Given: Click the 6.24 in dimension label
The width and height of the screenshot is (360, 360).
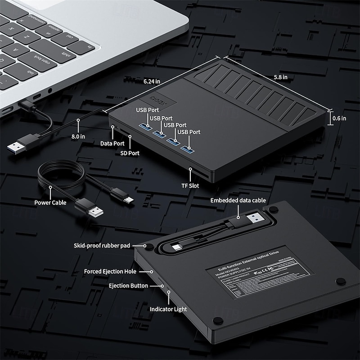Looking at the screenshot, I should (152, 81).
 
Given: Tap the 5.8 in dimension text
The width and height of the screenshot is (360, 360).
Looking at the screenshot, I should (281, 77).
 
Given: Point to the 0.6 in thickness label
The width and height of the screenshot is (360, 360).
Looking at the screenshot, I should (339, 118).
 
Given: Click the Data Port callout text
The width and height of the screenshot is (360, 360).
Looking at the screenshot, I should (112, 144).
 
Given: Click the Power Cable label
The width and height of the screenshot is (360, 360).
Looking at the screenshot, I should (50, 202).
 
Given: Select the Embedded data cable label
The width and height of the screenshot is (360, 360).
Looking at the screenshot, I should (238, 200).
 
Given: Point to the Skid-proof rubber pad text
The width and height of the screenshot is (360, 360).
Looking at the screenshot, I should (102, 246).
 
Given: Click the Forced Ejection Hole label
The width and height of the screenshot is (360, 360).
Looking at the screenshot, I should (110, 271).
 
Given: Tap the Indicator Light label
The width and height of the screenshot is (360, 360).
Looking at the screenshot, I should (168, 309).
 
